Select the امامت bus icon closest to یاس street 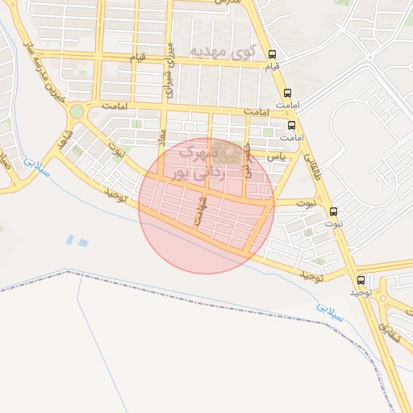click(291, 125)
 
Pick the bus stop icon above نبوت click(334, 211)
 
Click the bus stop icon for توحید click(361, 280)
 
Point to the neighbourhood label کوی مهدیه click(220, 52)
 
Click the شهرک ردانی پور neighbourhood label click(194, 161)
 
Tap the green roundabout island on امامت click(77, 111)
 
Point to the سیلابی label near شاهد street click(36, 167)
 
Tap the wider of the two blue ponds click(83, 242)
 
